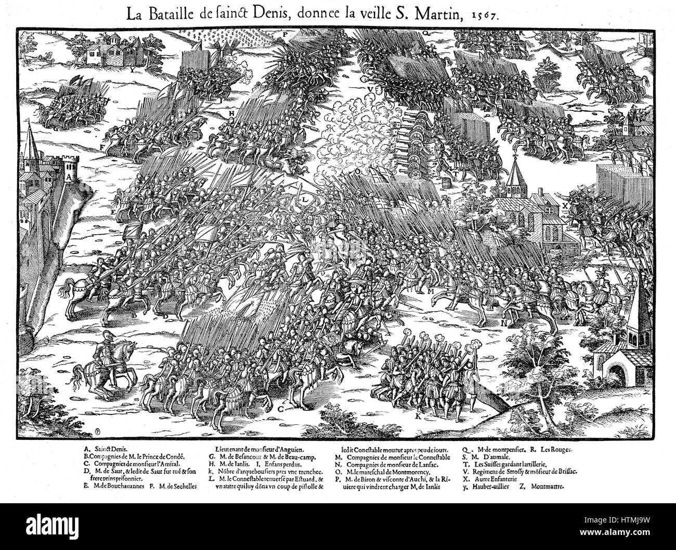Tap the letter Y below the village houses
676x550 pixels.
pos(133,68)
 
